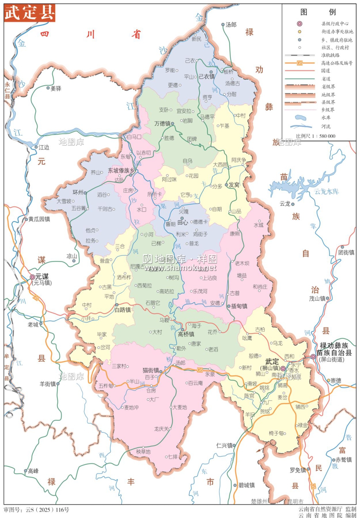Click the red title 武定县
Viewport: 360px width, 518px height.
click(30, 13)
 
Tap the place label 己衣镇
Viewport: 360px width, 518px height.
click(207, 76)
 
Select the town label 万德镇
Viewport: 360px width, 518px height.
click(162, 123)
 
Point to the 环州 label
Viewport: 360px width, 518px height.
click(78, 192)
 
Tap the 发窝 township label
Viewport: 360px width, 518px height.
click(234, 185)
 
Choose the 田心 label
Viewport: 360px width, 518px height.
click(183, 222)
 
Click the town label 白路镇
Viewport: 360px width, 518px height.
click(123, 310)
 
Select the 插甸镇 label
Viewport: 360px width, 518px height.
click(239, 306)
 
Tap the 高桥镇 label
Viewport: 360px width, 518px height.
click(186, 334)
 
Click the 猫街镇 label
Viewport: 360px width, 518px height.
click(151, 370)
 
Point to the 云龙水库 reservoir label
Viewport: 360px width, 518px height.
click(326, 191)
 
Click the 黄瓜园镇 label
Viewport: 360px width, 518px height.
click(39, 219)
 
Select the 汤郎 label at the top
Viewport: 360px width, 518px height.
click(231, 25)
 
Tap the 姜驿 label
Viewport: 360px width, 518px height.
click(56, 88)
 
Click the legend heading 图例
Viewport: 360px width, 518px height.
click(318, 12)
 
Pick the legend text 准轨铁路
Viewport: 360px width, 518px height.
click(330, 55)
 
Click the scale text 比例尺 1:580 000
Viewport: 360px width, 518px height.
click(315, 136)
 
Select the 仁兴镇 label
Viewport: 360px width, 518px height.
click(224, 445)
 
